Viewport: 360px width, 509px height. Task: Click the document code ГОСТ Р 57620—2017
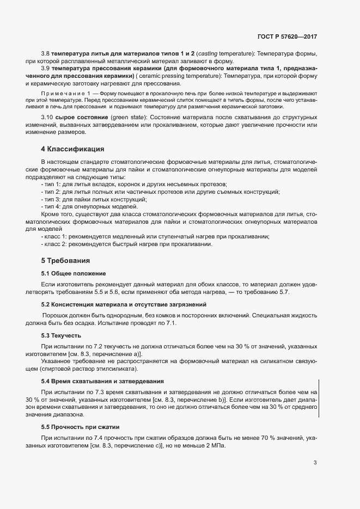(286, 36)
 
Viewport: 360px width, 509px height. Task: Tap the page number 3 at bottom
(315, 463)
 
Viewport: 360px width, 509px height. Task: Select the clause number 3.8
(45, 54)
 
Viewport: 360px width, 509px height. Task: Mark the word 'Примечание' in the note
(64, 94)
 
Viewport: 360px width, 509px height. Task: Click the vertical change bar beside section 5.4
(319, 399)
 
